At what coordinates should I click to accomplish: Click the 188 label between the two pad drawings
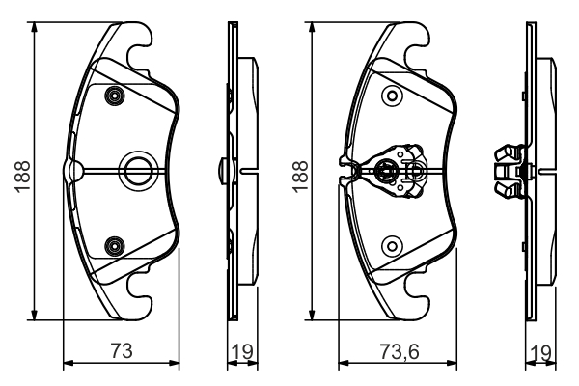[x=300, y=174]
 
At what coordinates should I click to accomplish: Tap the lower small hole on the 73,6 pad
[x=391, y=245]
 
